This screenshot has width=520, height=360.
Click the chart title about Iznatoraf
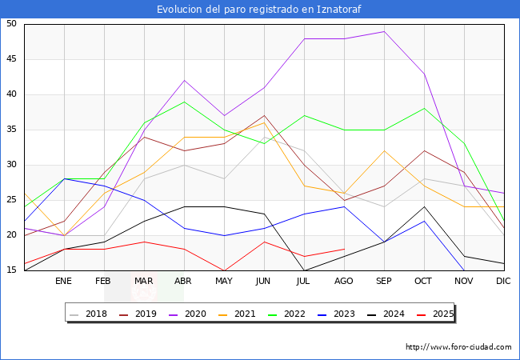[259, 10]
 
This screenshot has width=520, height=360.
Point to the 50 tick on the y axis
[11, 24]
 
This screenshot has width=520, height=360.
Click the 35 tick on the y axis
[11, 130]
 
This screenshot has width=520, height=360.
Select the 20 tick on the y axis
[11, 235]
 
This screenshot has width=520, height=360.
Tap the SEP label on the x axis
[384, 282]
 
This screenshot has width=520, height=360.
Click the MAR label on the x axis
[144, 282]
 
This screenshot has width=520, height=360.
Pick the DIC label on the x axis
[503, 282]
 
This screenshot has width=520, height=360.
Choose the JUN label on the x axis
[264, 282]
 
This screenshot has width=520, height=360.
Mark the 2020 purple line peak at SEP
[384, 31]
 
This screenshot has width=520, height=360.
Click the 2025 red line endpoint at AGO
[344, 250]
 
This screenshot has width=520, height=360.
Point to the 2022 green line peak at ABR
[184, 102]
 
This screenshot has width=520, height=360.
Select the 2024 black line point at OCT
[424, 207]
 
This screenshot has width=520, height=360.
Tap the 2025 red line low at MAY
[224, 270]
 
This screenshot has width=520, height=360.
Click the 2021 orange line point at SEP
[384, 150]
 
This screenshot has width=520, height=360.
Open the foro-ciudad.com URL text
[458, 347]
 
